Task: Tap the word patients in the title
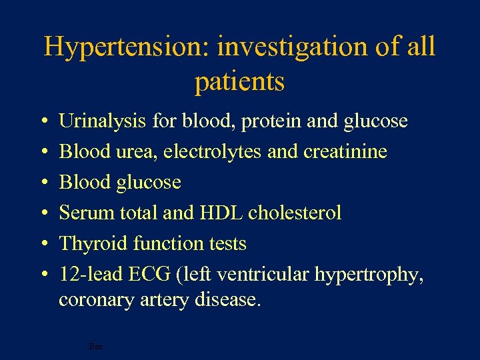(x=239, y=82)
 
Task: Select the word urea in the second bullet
(x=132, y=152)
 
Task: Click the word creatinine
(x=345, y=152)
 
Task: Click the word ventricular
(x=257, y=275)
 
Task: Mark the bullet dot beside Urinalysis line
(x=42, y=122)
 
